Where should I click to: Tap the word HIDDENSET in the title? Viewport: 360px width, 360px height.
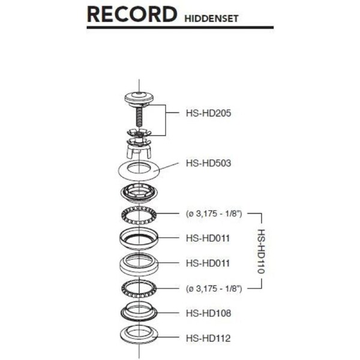[x=210, y=19]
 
